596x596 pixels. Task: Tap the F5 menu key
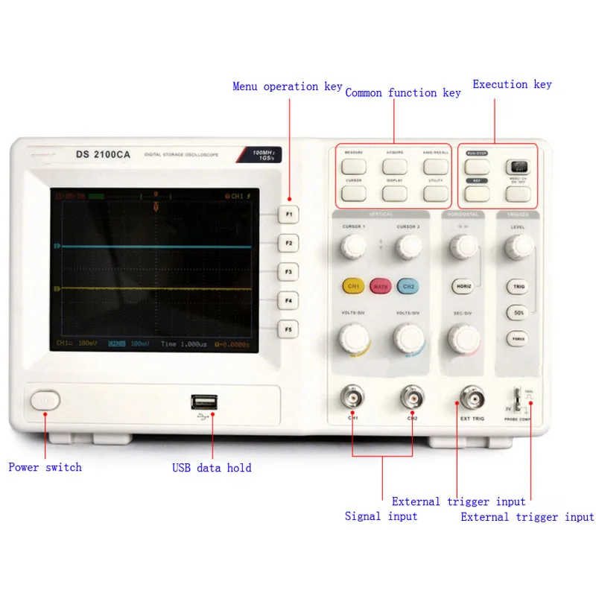pos(288,329)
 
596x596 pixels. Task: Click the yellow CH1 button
pos(353,286)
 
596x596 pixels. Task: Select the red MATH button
pos(380,286)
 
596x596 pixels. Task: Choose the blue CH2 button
pos(407,286)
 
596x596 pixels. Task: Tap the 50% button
pos(519,313)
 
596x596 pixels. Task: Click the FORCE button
pos(519,339)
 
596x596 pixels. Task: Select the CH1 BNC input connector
pos(352,397)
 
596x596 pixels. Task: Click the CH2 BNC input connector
pos(411,397)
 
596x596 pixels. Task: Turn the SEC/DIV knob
pos(463,339)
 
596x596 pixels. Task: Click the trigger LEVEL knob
pos(519,245)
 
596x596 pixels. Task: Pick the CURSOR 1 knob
pos(352,247)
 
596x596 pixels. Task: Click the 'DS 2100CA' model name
pos(103,155)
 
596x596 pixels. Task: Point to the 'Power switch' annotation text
pos(45,468)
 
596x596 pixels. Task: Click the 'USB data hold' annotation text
pos(212,469)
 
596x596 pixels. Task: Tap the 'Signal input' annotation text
pos(381,516)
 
